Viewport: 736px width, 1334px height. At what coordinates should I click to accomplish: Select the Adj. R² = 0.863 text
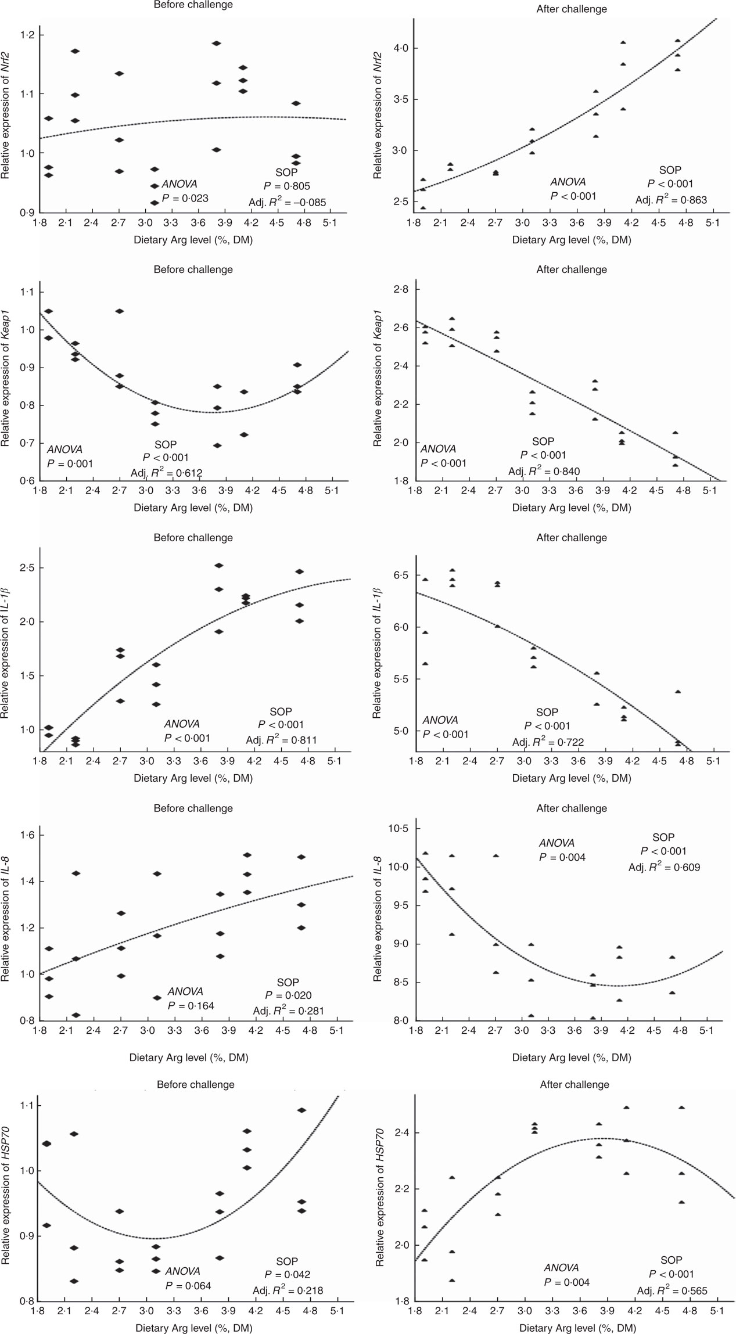(671, 200)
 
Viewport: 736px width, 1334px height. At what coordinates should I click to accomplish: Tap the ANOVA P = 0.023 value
(185, 198)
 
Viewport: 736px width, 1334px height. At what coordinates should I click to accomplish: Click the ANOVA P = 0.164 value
(191, 1005)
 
